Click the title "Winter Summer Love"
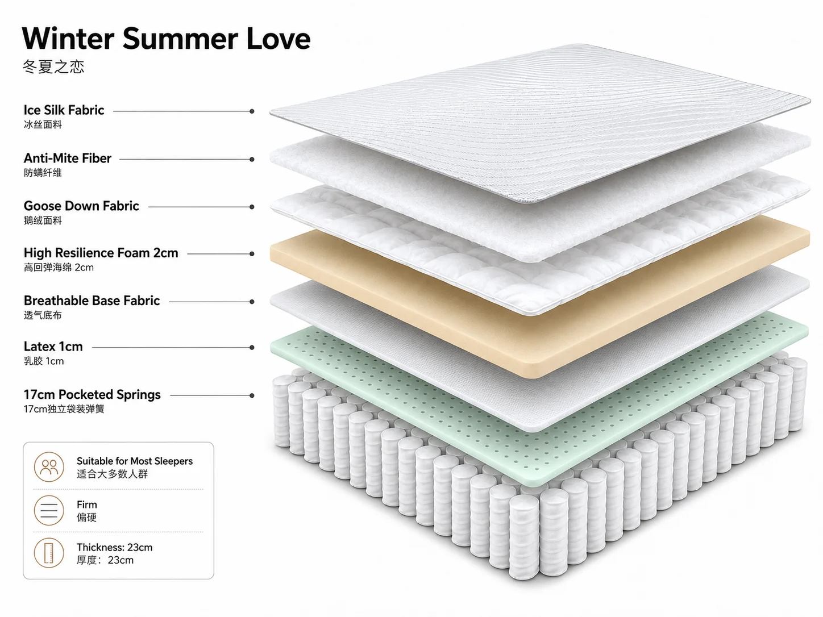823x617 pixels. pos(166,38)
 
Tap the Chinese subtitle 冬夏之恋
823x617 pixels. pos(53,66)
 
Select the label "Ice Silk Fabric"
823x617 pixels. pos(64,110)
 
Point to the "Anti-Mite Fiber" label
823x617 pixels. pos(68,159)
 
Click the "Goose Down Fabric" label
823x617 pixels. pos(81,206)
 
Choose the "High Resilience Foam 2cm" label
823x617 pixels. pos(101,253)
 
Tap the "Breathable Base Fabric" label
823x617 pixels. pos(92,301)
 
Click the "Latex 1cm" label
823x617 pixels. pos(53,347)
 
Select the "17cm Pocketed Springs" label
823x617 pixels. pos(92,394)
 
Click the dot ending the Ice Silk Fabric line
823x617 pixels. pos(252,111)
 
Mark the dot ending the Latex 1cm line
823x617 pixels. pos(252,348)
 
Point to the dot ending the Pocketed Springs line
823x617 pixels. pos(252,395)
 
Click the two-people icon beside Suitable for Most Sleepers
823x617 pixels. pos(49,467)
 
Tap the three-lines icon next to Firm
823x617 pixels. pos(49,510)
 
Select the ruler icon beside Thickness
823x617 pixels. pos(49,553)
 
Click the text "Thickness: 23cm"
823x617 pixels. pos(115,547)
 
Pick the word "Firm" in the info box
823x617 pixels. pos(87,505)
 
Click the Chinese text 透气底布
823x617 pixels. pos(43,315)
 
